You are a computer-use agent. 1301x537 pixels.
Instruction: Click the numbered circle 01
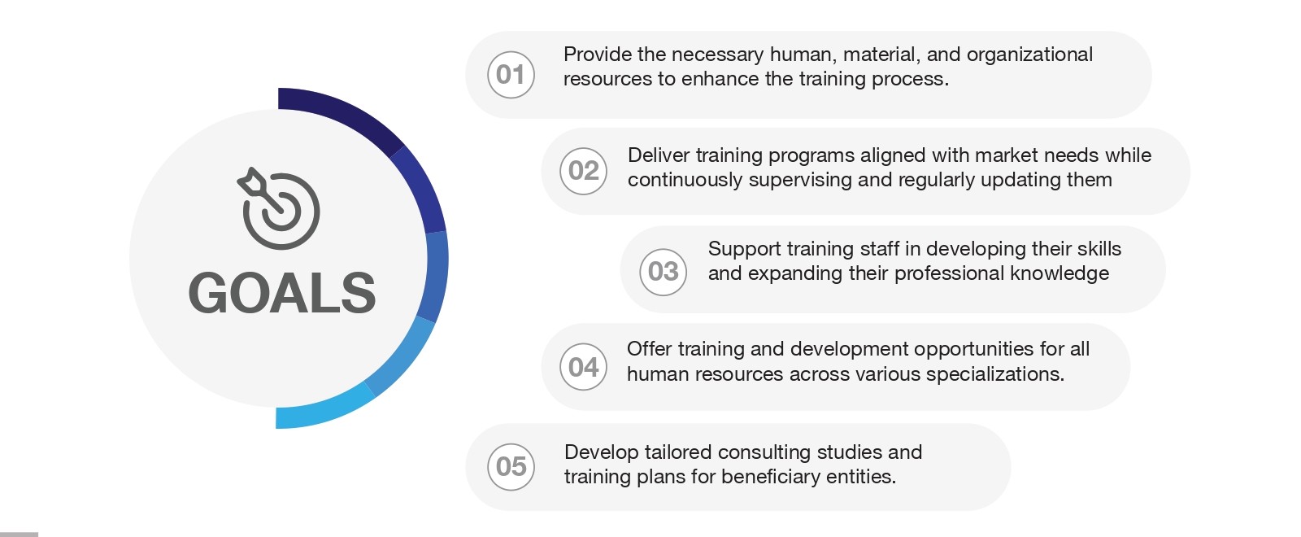click(511, 74)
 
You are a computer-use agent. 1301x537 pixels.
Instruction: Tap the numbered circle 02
click(583, 171)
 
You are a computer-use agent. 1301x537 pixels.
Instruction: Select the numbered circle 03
click(664, 272)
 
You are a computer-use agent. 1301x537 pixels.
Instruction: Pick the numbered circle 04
click(583, 367)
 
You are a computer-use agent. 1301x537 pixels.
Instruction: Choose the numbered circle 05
click(511, 467)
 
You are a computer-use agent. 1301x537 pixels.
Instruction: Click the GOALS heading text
click(282, 294)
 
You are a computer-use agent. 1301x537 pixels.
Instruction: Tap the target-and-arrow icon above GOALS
click(279, 208)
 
